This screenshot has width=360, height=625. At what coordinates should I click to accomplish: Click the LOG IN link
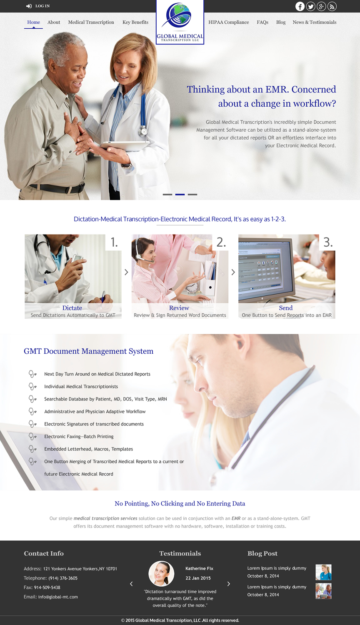click(38, 6)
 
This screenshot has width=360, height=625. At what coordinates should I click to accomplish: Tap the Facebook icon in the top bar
click(300, 6)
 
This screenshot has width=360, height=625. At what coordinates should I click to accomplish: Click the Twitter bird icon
click(311, 6)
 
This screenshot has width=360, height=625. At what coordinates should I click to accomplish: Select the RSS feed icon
click(332, 6)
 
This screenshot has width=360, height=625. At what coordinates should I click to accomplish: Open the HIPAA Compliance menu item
click(229, 22)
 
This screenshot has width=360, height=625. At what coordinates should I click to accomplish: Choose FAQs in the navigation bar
click(262, 22)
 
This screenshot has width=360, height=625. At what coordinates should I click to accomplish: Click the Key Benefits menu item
click(135, 22)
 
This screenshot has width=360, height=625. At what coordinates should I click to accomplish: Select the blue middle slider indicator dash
click(180, 195)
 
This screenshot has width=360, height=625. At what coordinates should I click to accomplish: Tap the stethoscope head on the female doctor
click(144, 132)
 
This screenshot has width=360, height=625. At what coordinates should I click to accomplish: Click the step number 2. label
click(221, 242)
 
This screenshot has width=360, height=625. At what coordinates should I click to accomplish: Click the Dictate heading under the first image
click(72, 308)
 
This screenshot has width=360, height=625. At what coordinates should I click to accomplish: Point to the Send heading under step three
click(286, 308)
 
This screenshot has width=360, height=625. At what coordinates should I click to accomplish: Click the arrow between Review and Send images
click(233, 272)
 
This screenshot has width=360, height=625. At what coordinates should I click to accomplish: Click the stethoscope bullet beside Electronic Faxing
click(32, 437)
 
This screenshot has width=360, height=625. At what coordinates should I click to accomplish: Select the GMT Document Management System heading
click(88, 351)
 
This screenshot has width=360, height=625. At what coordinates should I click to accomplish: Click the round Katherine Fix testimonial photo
click(162, 574)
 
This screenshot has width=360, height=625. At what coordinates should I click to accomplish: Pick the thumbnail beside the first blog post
click(323, 572)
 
